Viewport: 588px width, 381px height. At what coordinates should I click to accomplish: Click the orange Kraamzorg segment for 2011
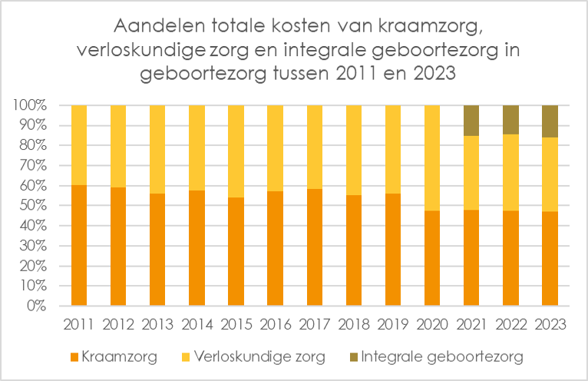pyautogui.click(x=78, y=246)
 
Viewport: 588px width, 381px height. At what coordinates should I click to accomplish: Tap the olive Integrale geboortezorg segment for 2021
pyautogui.click(x=471, y=121)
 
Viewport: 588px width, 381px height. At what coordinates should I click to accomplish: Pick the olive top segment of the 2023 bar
pyautogui.click(x=550, y=121)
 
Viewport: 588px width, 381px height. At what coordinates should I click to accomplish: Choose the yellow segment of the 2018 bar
pyautogui.click(x=353, y=150)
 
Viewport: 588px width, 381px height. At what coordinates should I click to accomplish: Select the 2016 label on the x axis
pyautogui.click(x=275, y=325)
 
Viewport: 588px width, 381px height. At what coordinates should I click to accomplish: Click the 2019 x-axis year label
pyautogui.click(x=392, y=325)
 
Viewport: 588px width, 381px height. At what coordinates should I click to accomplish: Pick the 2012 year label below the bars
pyautogui.click(x=117, y=325)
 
